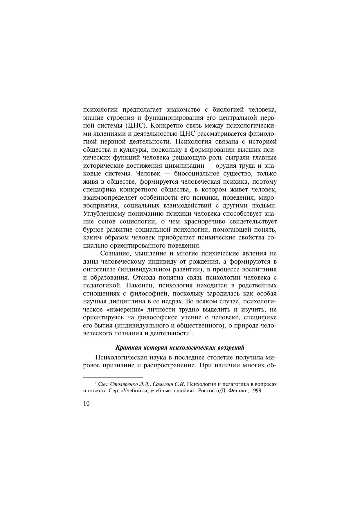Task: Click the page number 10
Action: coord(87,404)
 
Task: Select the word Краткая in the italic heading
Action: coord(125,348)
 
